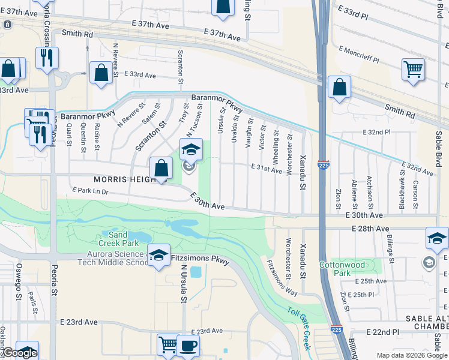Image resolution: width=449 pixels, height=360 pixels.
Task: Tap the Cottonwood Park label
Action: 334,268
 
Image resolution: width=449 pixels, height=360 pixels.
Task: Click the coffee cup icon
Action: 188,346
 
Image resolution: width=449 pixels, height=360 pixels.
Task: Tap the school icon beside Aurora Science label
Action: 158,256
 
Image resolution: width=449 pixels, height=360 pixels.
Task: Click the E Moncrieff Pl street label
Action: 359,54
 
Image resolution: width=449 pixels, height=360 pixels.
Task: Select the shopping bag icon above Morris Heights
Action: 161,169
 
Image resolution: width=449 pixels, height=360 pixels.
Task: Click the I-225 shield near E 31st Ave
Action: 323,164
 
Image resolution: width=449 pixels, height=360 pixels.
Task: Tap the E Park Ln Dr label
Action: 90,191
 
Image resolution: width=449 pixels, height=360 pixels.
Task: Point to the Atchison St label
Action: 372,188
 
